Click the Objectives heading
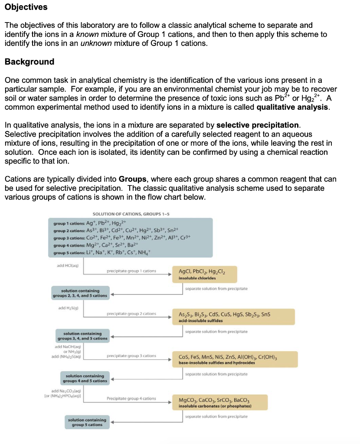click(x=26, y=7)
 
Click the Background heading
click(x=29, y=62)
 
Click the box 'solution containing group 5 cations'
click(x=87, y=422)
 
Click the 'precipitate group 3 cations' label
click(x=131, y=356)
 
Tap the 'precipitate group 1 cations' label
click(x=131, y=271)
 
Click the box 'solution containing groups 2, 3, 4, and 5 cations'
click(x=80, y=293)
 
